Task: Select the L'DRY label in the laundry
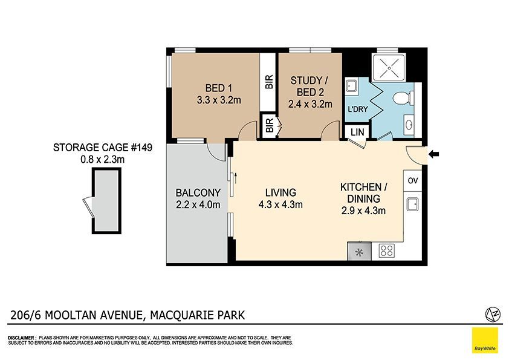[x=358, y=109]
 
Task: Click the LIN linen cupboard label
[x=357, y=133]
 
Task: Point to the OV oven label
[x=413, y=181]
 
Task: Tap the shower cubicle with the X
[x=389, y=68]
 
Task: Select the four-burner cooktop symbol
[x=387, y=251]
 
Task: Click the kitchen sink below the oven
[x=413, y=204]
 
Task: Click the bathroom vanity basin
[x=409, y=124]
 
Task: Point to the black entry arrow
[x=433, y=154]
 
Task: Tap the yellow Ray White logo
[x=485, y=340]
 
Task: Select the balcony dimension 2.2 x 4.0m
[x=198, y=205]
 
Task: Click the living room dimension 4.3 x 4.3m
[x=280, y=205]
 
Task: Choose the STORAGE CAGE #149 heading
[x=103, y=148]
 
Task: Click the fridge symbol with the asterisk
[x=359, y=251]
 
